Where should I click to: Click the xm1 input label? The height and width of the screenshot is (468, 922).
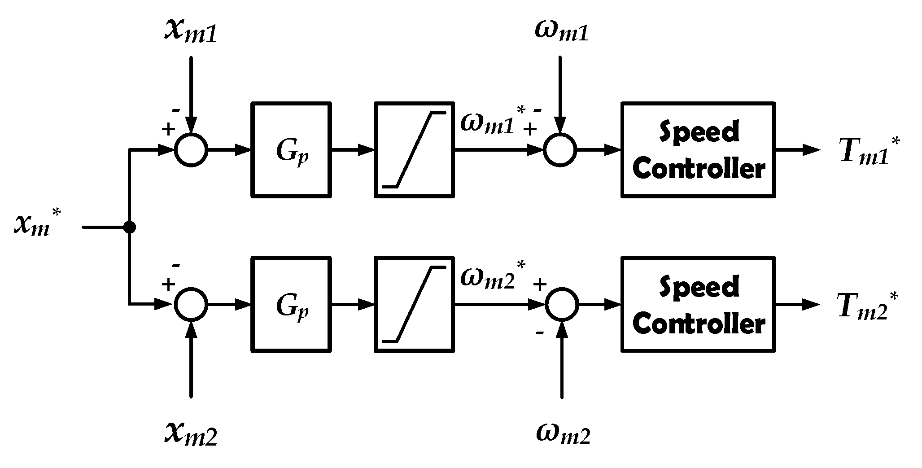pos(191,33)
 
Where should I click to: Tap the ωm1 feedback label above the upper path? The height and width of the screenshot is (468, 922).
pos(561,32)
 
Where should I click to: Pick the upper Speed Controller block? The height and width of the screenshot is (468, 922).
pos(698,150)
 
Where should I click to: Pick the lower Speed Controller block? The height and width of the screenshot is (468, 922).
pos(698,305)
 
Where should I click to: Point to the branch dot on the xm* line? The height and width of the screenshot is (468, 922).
pos(129,227)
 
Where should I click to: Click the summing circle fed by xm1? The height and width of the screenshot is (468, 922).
pos(191,150)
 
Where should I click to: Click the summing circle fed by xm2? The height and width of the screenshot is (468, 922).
pos(191,305)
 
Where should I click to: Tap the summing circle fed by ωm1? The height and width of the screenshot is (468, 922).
pos(560,150)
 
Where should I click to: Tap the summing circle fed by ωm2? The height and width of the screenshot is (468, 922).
pos(562,305)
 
